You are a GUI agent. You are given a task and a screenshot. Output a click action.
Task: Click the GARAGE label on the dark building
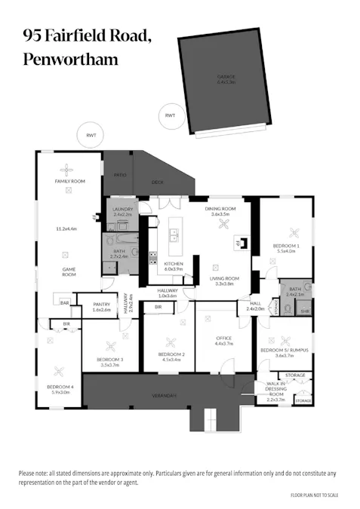pyautogui.click(x=226, y=79)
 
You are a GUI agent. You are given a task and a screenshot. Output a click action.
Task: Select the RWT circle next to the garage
pyautogui.click(x=170, y=115)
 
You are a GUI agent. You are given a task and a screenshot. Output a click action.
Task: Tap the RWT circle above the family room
pyautogui.click(x=91, y=136)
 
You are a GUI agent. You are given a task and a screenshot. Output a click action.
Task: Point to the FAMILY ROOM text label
pyautogui.click(x=69, y=182)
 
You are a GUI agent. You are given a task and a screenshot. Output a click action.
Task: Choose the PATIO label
pyautogui.click(x=120, y=175)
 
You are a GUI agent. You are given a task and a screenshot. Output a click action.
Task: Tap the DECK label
pyautogui.click(x=157, y=182)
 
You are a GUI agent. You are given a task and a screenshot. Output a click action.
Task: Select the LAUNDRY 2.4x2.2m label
pyautogui.click(x=122, y=212)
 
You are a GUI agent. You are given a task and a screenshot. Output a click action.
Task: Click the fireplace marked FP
pyautogui.click(x=238, y=242)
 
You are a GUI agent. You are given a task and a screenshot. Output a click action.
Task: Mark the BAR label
pyautogui.click(x=66, y=302)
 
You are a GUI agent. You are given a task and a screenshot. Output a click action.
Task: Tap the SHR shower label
pyautogui.click(x=304, y=310)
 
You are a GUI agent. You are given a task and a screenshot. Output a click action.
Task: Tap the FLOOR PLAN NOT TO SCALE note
pyautogui.click(x=315, y=495)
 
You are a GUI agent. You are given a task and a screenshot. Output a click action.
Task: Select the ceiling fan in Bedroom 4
pyautogui.click(x=60, y=370)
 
